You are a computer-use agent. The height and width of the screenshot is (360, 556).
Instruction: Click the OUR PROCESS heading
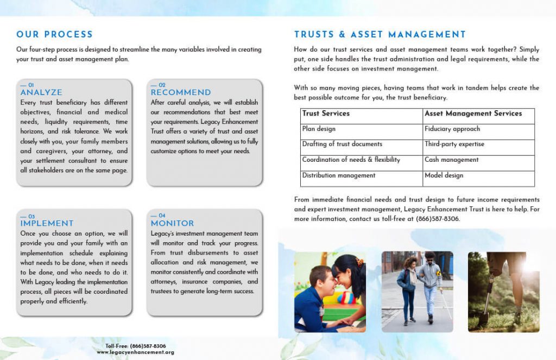(x=54, y=34)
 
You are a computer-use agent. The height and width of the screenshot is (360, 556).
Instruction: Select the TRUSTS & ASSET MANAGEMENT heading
(x=380, y=34)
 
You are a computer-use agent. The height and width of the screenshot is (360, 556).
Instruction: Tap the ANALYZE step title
(x=41, y=92)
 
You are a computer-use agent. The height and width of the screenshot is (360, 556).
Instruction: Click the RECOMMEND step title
(x=180, y=92)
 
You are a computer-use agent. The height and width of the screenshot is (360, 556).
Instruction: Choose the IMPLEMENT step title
(x=47, y=223)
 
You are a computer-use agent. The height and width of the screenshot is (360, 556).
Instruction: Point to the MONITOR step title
(x=172, y=223)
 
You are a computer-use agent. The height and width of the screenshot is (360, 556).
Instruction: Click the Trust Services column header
(x=326, y=113)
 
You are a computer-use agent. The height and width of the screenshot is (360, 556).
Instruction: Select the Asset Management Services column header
(x=473, y=113)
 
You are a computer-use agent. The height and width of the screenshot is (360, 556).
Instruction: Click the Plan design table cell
(x=319, y=129)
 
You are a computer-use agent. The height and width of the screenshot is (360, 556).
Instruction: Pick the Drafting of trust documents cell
(x=342, y=144)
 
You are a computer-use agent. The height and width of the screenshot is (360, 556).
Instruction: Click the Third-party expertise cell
(x=454, y=144)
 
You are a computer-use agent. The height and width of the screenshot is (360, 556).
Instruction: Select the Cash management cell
(x=451, y=160)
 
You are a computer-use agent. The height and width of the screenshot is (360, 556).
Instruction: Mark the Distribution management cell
(x=339, y=175)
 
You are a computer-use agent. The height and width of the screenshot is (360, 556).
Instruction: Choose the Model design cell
(x=444, y=175)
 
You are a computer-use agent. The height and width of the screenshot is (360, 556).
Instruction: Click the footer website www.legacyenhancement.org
(x=135, y=352)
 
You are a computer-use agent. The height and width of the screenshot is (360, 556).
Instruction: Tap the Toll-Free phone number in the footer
(x=135, y=346)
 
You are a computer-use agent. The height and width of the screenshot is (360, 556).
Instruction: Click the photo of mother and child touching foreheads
(x=330, y=292)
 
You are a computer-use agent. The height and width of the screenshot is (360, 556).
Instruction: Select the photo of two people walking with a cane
(x=417, y=292)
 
